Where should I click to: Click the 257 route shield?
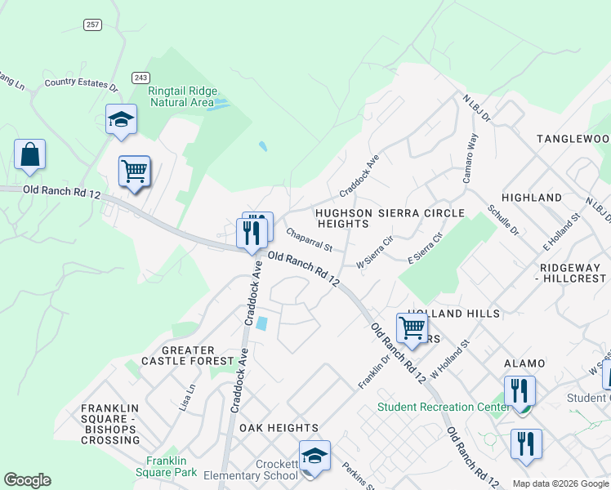91,24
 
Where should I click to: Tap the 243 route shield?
140,78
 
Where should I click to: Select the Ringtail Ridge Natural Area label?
181,97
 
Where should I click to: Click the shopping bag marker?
29,154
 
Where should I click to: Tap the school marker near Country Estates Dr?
121,119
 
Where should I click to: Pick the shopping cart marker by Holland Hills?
413,327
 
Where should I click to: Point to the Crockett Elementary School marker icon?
314,457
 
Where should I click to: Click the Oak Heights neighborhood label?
279,428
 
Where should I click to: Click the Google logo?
27,480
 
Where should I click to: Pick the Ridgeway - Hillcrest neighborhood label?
573,273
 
